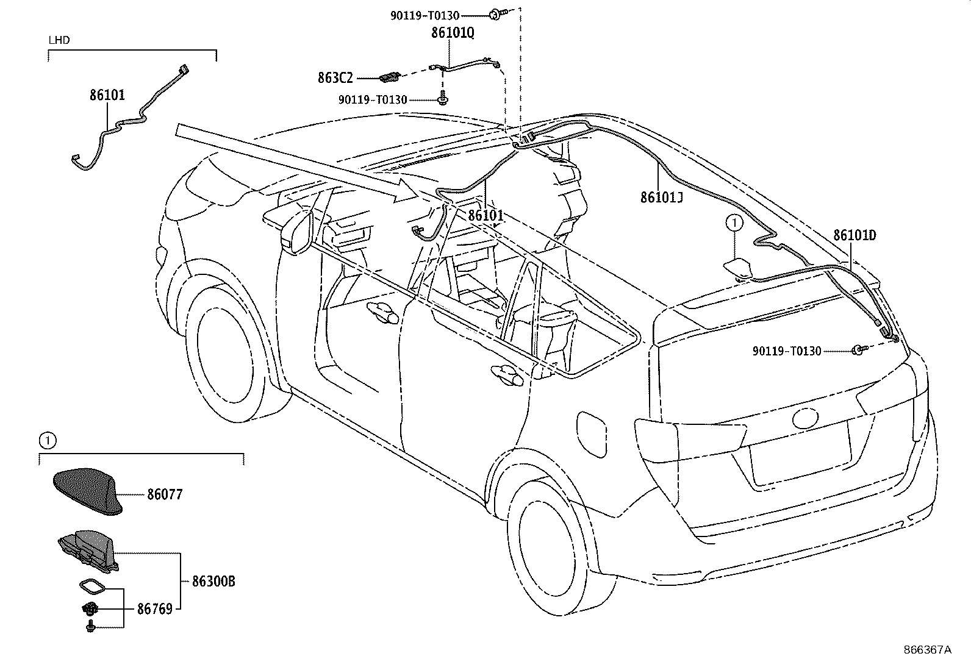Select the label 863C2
tap(335, 77)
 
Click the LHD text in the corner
tap(59, 40)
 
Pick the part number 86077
tap(164, 494)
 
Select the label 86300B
tap(213, 582)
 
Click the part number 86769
tap(154, 608)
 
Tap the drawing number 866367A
tap(927, 649)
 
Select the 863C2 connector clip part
tap(389, 77)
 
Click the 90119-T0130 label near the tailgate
tap(787, 351)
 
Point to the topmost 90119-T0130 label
tap(425, 16)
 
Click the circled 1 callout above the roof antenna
tap(735, 224)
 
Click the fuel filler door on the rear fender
tap(590, 432)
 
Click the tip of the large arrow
tap(421, 194)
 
